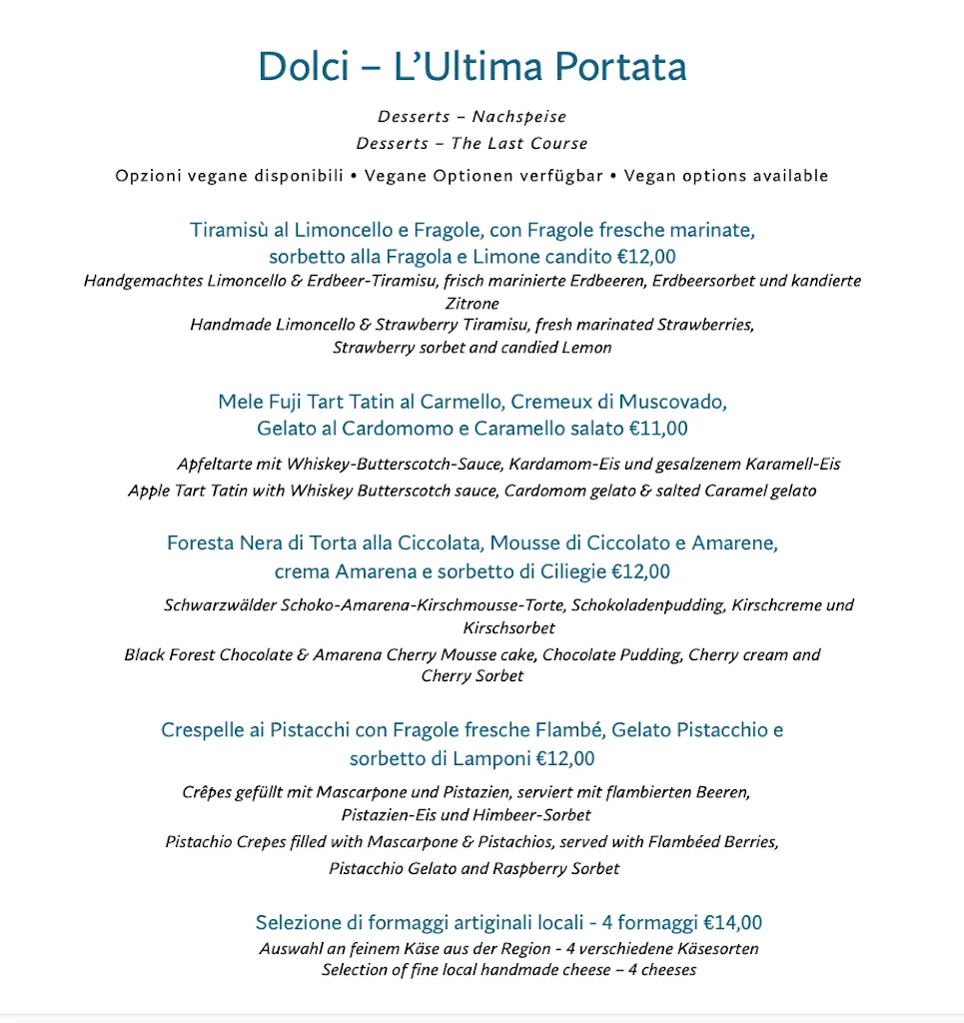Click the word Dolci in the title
[x=304, y=67]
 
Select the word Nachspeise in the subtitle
[x=518, y=118]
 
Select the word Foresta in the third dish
[x=200, y=544]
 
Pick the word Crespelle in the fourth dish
[x=203, y=730]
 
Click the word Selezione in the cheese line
[x=297, y=923]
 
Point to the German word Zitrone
[x=472, y=303]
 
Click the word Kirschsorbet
[x=508, y=628]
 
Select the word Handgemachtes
[x=143, y=281]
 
